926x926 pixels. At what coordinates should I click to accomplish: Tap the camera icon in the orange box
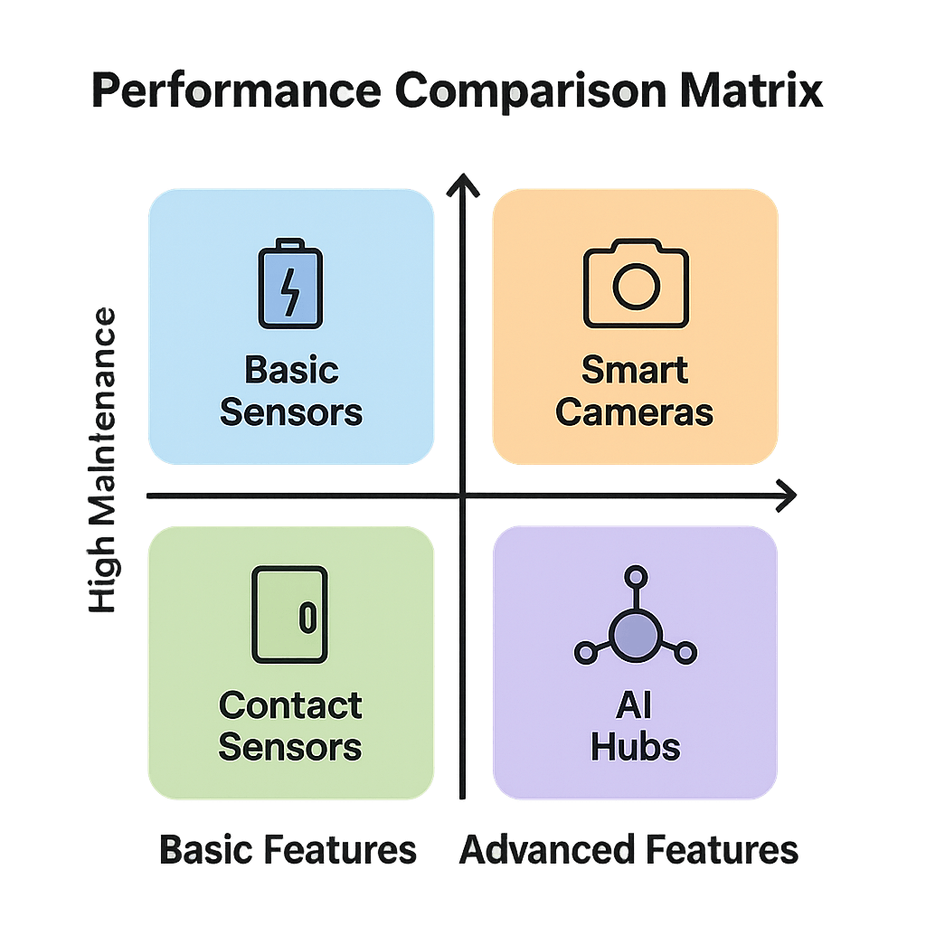click(636, 283)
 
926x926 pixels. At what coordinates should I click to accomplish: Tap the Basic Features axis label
click(288, 850)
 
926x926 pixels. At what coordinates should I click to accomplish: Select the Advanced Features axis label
click(629, 850)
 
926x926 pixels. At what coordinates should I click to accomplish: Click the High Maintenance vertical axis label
click(103, 461)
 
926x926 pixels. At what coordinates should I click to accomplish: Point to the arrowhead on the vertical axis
click(463, 184)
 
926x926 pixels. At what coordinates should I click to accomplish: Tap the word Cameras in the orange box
click(635, 412)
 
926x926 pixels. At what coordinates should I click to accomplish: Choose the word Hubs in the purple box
click(635, 747)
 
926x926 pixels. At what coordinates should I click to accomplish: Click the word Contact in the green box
click(290, 705)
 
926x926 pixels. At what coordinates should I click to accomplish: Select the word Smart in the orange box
click(635, 370)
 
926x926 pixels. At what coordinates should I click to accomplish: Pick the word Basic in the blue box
click(291, 370)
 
